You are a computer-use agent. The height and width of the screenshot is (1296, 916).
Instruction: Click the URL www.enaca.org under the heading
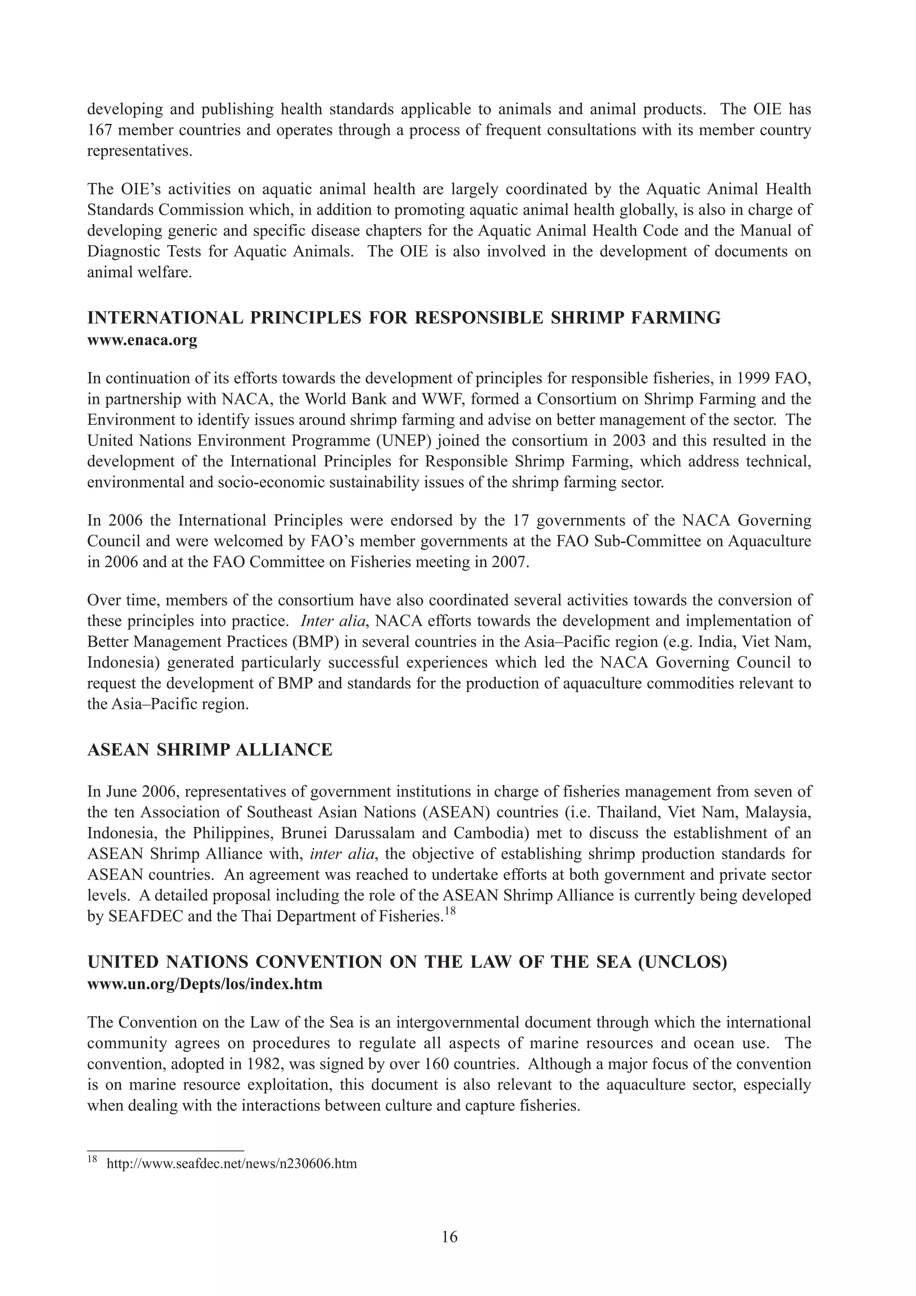pos(142,341)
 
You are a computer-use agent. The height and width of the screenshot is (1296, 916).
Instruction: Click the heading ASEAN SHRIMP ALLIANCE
pos(210,750)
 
